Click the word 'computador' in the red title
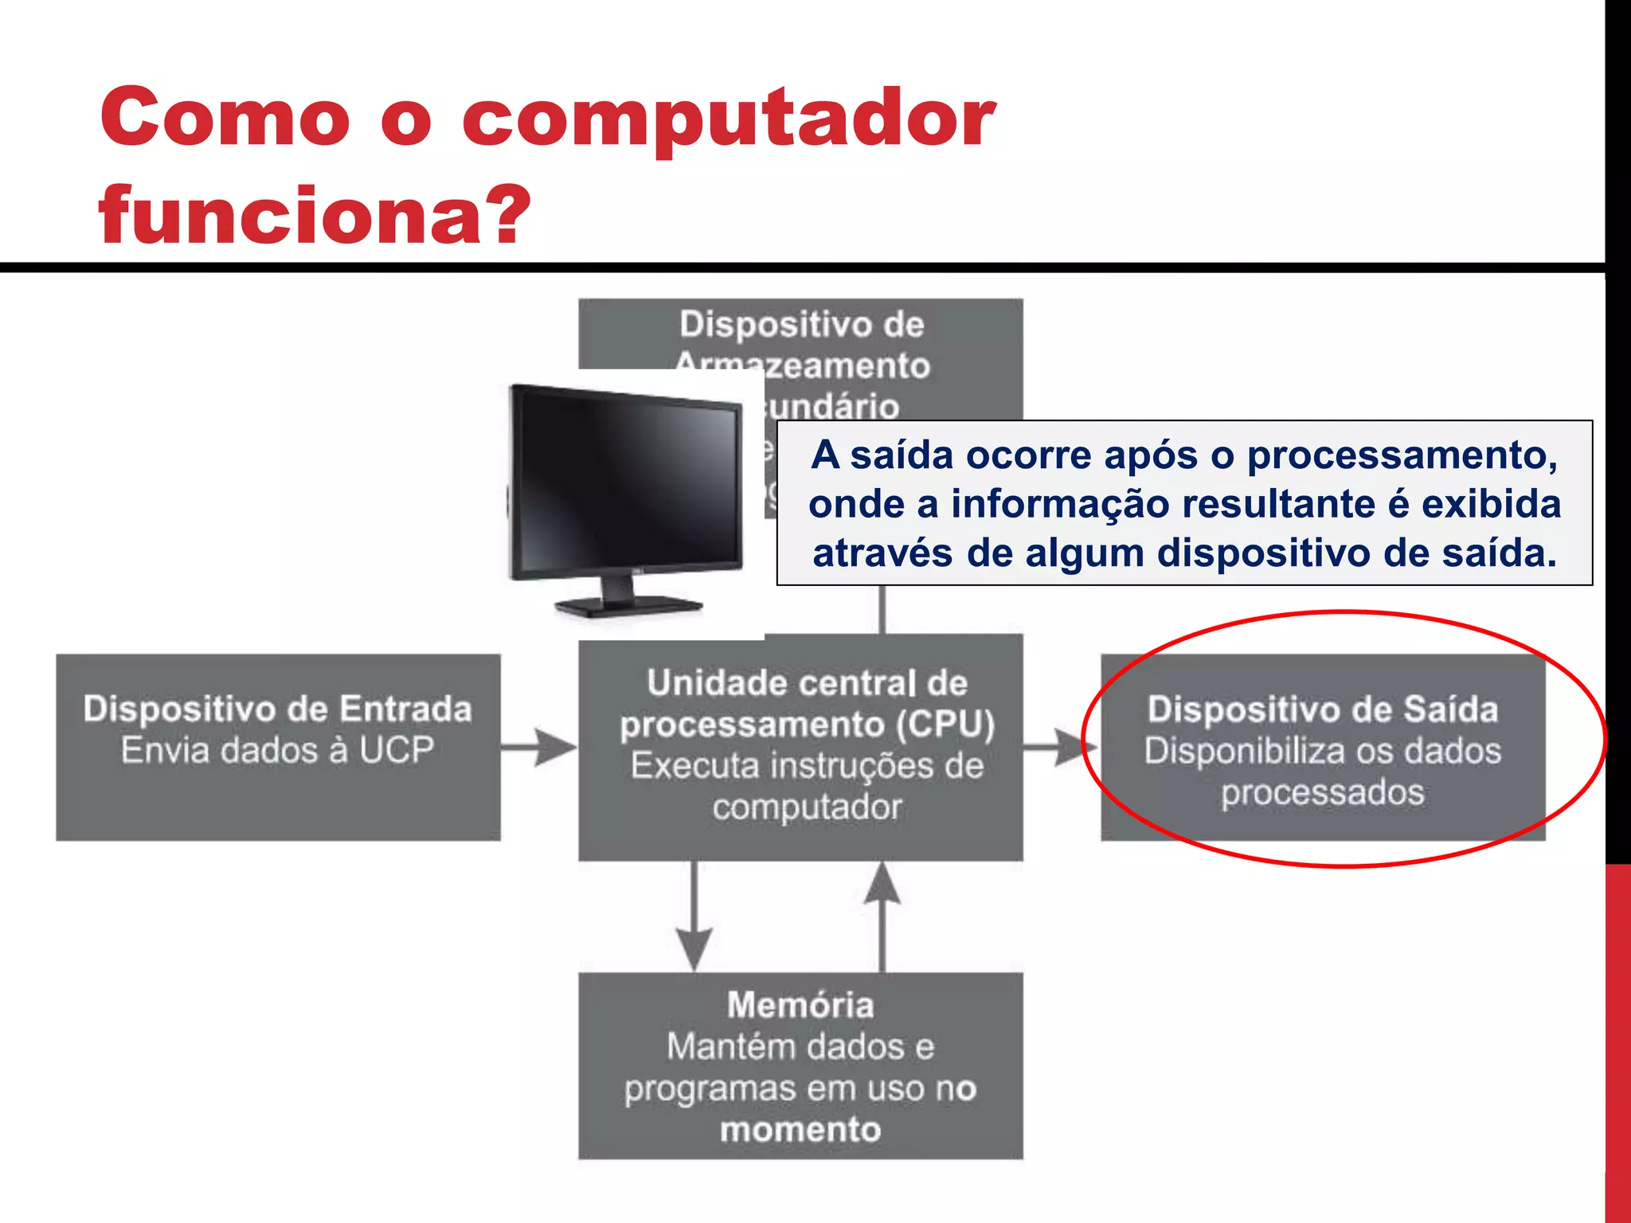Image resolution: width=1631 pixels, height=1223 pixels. tap(728, 119)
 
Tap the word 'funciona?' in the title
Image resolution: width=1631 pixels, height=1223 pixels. tap(315, 215)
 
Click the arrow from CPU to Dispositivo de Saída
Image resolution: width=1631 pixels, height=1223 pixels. tap(1059, 747)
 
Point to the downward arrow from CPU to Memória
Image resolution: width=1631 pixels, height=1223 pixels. tap(694, 916)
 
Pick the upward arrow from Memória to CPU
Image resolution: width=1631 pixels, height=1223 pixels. tap(882, 916)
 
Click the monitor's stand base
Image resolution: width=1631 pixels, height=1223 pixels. tap(629, 607)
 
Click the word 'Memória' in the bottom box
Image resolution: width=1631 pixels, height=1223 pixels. tap(800, 1006)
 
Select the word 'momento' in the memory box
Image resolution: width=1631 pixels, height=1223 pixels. tap(800, 1130)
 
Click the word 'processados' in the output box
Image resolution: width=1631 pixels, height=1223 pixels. tap(1323, 792)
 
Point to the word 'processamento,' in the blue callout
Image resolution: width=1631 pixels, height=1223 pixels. tap(1402, 455)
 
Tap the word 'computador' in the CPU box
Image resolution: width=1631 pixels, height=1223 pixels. tap(807, 807)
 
